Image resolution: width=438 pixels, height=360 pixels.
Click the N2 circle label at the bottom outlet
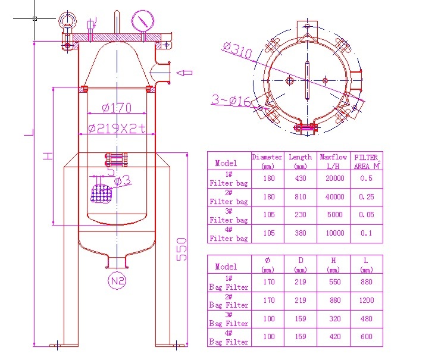click(x=117, y=280)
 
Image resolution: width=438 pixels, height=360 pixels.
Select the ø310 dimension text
click(x=237, y=51)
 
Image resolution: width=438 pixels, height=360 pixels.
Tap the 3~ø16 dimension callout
click(x=232, y=99)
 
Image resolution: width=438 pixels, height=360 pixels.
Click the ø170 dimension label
click(x=117, y=108)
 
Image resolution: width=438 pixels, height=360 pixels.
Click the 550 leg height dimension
click(x=182, y=249)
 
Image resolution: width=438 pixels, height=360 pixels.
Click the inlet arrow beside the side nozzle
click(x=186, y=73)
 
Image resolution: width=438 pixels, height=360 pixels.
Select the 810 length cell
click(x=300, y=197)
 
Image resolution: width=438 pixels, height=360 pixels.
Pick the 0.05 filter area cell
click(x=366, y=215)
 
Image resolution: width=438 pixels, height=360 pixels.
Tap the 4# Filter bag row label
click(x=229, y=234)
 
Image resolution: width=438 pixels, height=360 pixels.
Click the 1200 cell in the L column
click(x=366, y=300)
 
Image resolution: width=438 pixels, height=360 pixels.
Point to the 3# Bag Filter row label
click(x=229, y=320)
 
